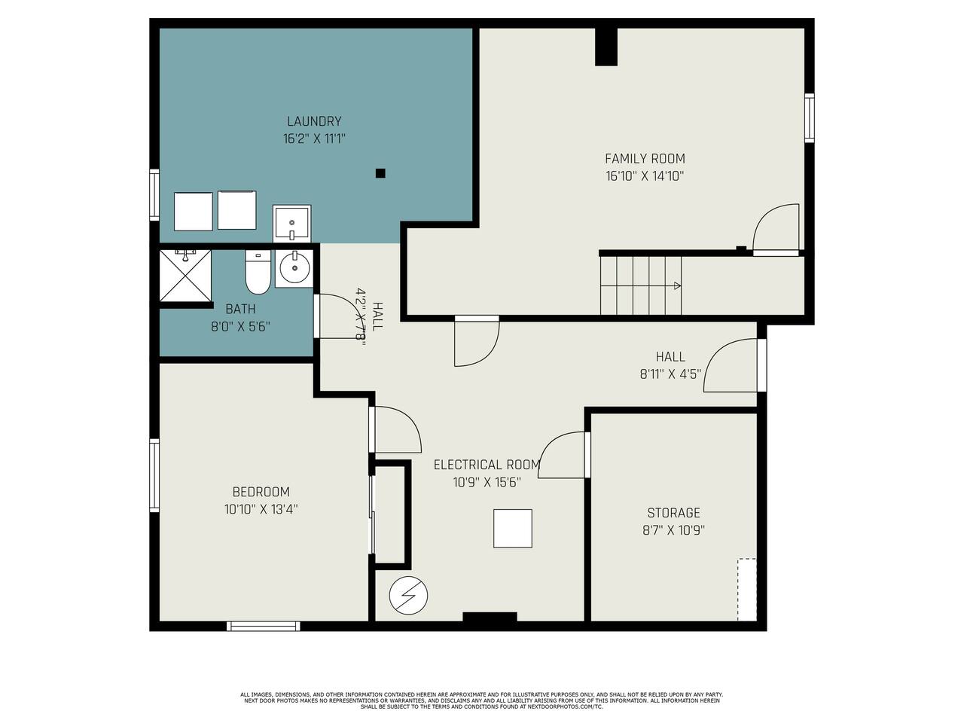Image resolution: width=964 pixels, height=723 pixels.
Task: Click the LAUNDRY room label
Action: (x=314, y=121)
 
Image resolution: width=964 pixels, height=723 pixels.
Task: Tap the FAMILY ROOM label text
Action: (x=645, y=158)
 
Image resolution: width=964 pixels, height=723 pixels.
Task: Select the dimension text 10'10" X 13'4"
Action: (x=261, y=509)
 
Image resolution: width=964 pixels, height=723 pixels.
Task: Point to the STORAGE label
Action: (x=673, y=513)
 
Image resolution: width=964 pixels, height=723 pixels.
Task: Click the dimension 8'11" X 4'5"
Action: (x=670, y=374)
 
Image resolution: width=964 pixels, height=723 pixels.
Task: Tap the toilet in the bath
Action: (x=258, y=272)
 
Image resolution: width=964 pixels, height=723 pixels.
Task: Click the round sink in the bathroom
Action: (x=294, y=268)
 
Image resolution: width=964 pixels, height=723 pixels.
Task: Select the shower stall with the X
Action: (x=185, y=276)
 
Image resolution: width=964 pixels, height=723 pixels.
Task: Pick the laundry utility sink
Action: (x=291, y=223)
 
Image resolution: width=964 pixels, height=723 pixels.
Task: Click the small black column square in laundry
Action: (x=380, y=173)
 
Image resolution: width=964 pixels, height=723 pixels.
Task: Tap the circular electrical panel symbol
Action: (x=408, y=596)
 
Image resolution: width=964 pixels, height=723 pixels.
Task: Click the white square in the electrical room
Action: (x=513, y=529)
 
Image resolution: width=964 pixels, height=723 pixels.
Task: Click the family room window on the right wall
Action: (x=809, y=117)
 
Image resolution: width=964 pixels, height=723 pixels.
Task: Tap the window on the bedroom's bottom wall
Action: (x=264, y=626)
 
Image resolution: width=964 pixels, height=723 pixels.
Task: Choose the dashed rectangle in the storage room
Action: (x=746, y=590)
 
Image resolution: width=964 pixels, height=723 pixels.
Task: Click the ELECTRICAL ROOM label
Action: (x=487, y=465)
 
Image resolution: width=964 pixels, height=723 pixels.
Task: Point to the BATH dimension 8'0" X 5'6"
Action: (x=240, y=327)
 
